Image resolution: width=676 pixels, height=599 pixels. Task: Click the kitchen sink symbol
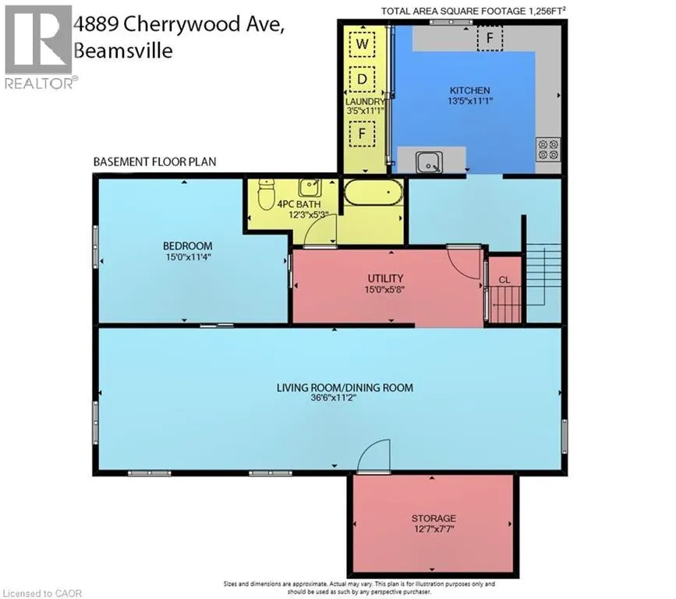426,162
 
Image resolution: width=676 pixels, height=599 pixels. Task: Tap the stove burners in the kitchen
547,148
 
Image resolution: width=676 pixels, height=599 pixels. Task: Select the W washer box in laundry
362,44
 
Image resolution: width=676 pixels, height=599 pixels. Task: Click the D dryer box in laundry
362,79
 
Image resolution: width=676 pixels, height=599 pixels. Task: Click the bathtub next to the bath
373,192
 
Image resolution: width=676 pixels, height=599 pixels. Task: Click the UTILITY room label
385,278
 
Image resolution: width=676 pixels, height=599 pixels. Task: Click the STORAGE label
434,518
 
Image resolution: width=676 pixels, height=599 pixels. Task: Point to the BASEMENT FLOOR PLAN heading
154,162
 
